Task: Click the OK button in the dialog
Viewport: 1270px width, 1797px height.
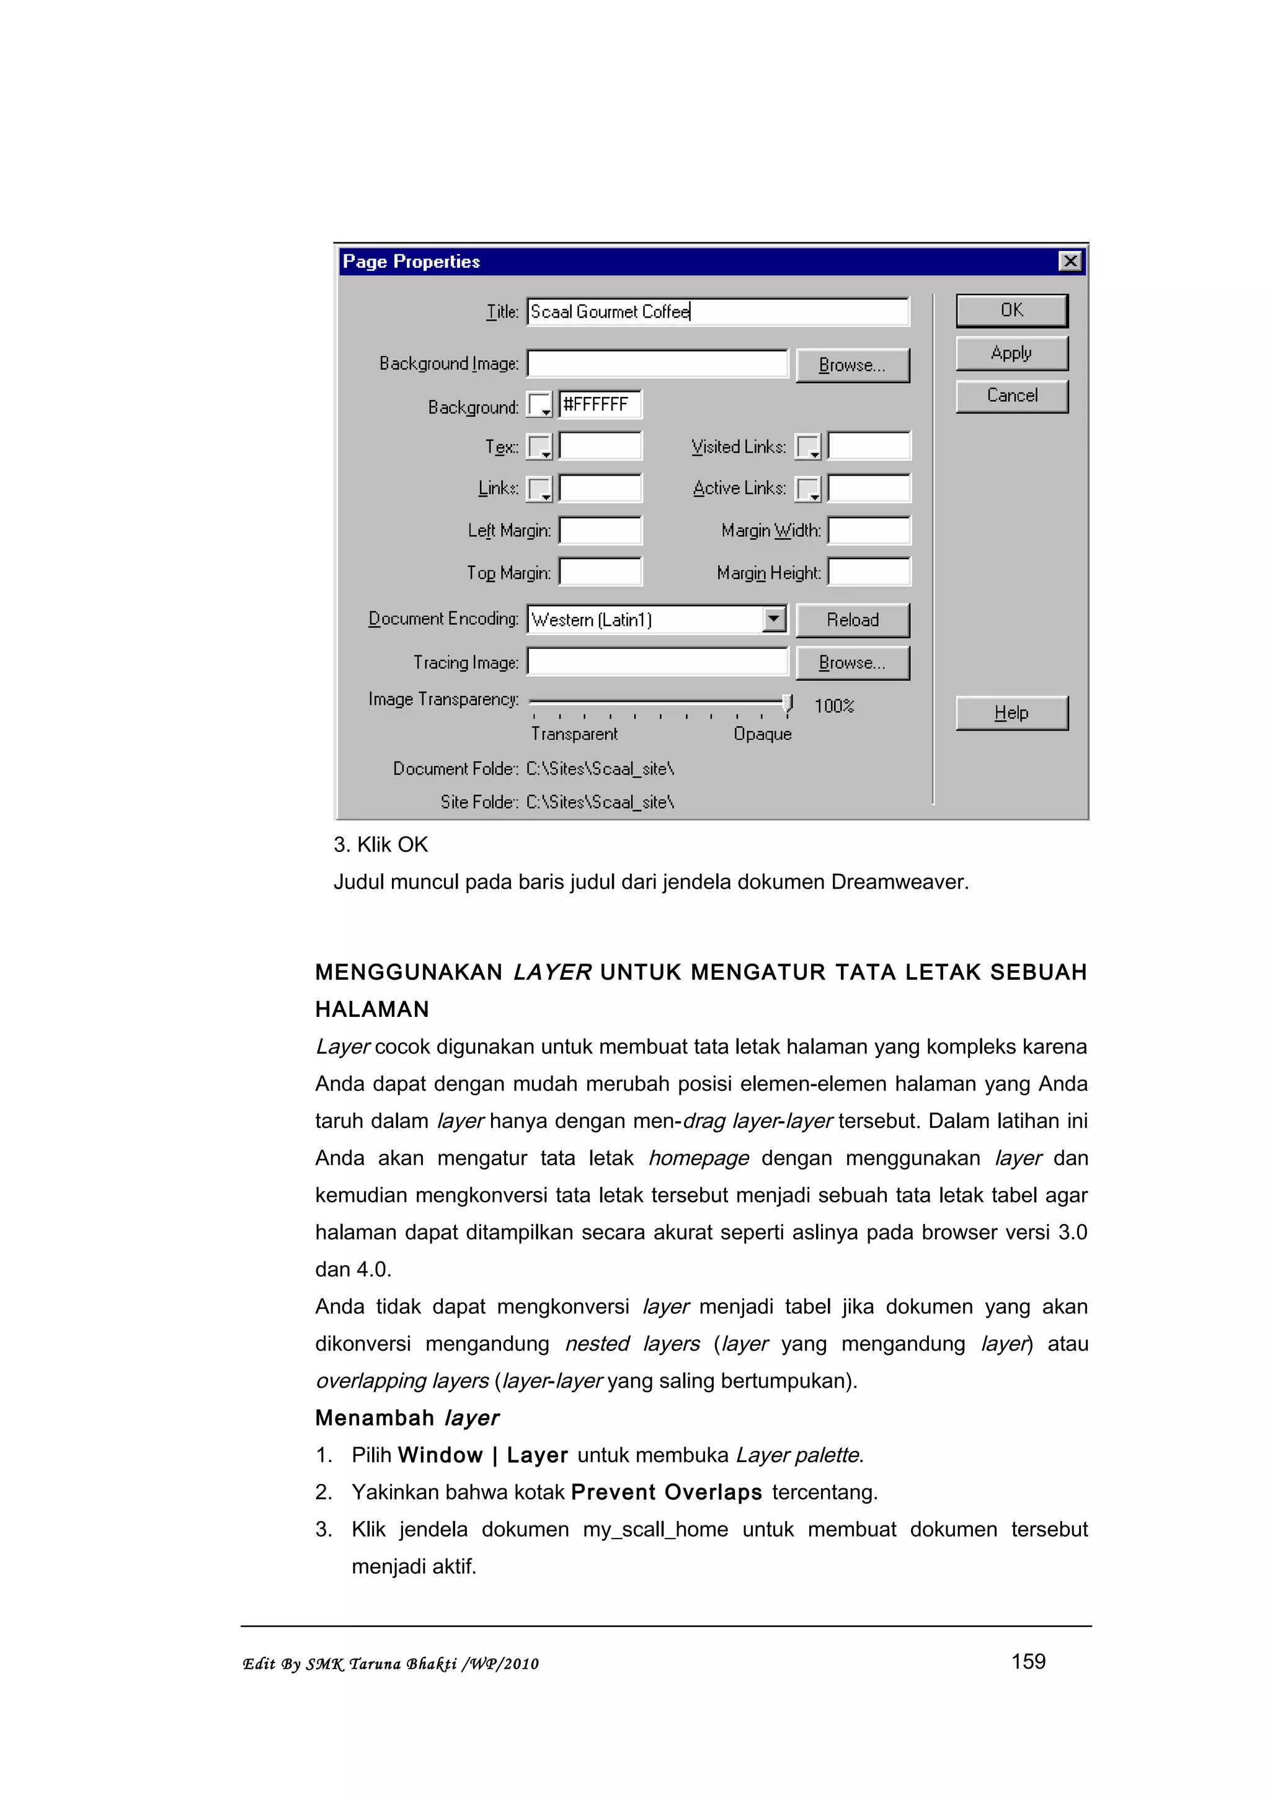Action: coord(1011,311)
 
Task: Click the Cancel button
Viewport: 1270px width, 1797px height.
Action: coord(1011,396)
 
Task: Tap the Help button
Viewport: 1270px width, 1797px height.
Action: coord(1011,713)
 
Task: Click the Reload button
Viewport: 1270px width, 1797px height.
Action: coord(852,620)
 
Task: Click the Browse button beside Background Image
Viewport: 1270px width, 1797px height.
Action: coord(852,365)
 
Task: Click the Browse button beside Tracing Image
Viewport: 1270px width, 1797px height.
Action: coord(852,663)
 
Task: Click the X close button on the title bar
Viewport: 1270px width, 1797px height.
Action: coord(1070,262)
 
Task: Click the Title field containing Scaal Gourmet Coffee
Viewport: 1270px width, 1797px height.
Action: coord(717,311)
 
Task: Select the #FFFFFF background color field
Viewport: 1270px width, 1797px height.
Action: coord(600,405)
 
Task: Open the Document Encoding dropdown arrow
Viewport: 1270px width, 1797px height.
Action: coord(774,619)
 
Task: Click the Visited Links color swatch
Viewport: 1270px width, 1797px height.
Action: coord(807,447)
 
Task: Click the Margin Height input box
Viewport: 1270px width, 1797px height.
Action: coord(869,572)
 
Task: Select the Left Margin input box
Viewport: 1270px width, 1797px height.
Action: coord(600,530)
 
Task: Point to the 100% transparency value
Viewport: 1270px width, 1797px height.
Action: coord(833,706)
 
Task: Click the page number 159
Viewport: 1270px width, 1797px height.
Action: coord(1028,1661)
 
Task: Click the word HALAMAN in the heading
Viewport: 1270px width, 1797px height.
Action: coord(371,1009)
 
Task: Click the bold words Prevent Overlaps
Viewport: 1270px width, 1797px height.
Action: coord(666,1492)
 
